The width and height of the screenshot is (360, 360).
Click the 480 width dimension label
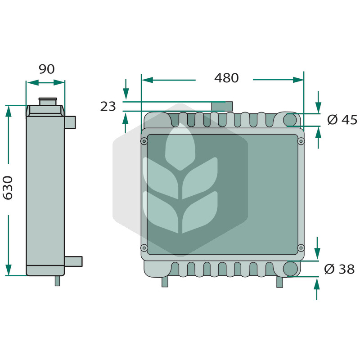pos(226,78)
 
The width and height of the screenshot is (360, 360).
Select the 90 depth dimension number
pos(47,69)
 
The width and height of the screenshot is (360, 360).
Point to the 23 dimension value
pos(108,107)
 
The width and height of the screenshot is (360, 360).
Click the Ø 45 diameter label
pos(342,120)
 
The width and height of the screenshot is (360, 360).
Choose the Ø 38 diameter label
pos(339,269)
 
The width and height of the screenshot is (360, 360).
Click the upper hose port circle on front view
pos(290,120)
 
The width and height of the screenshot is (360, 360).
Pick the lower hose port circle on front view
pos(290,269)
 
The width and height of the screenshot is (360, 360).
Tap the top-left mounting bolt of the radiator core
pos(144,141)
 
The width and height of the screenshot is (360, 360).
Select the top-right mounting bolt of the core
pos(301,141)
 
